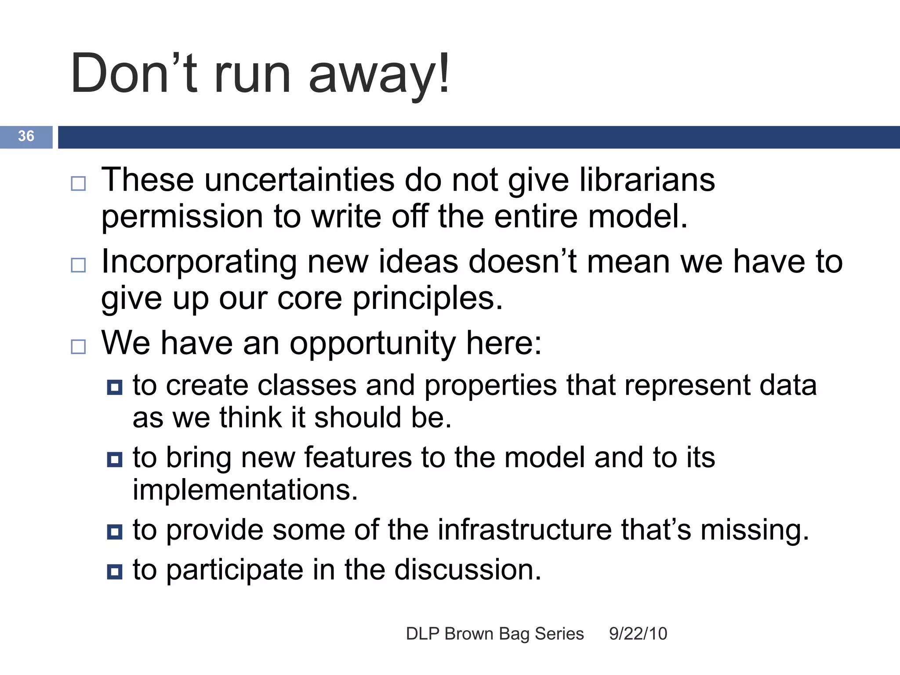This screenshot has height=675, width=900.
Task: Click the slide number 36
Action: (26, 136)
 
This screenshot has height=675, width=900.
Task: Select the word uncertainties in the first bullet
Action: (299, 180)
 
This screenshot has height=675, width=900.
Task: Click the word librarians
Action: (647, 180)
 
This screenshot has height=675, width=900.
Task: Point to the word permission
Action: (182, 217)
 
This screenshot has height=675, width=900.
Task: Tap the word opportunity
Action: (373, 344)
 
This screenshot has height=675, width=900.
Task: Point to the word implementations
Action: (245, 490)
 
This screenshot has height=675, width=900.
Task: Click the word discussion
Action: (468, 570)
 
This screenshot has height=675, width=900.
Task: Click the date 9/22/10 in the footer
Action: (638, 634)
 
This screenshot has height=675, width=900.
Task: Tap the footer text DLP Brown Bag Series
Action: (495, 634)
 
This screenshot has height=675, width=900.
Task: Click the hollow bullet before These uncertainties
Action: (78, 183)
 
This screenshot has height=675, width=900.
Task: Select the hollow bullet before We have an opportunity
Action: (78, 347)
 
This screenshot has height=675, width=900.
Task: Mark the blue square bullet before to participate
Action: (115, 572)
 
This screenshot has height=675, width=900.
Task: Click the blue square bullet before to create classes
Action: (115, 387)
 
